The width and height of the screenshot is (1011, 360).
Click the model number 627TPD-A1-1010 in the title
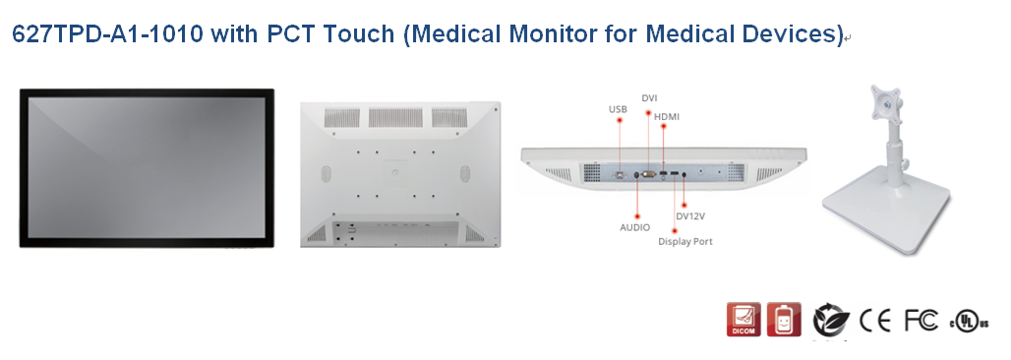pyautogui.click(x=107, y=33)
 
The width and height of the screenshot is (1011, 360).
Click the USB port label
pyautogui.click(x=618, y=110)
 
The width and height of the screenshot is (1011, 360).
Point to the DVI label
pyautogui.click(x=649, y=98)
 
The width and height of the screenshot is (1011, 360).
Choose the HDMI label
pyautogui.click(x=667, y=117)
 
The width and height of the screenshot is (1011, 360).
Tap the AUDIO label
pyautogui.click(x=635, y=227)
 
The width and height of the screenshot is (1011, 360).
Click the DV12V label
pyautogui.click(x=690, y=216)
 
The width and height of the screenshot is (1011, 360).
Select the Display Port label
pyautogui.click(x=685, y=241)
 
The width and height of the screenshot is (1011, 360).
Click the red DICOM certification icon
pyautogui.click(x=743, y=320)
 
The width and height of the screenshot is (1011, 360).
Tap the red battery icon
pyautogui.click(x=784, y=320)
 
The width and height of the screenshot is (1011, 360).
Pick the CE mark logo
pyautogui.click(x=875, y=320)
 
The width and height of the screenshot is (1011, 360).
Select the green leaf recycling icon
pyautogui.click(x=830, y=321)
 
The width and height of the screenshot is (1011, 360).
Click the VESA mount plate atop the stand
pyautogui.click(x=886, y=104)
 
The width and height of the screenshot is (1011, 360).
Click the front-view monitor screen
pyautogui.click(x=147, y=168)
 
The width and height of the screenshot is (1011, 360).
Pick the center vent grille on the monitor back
pyautogui.click(x=396, y=117)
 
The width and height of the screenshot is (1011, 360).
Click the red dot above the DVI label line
pyautogui.click(x=649, y=112)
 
